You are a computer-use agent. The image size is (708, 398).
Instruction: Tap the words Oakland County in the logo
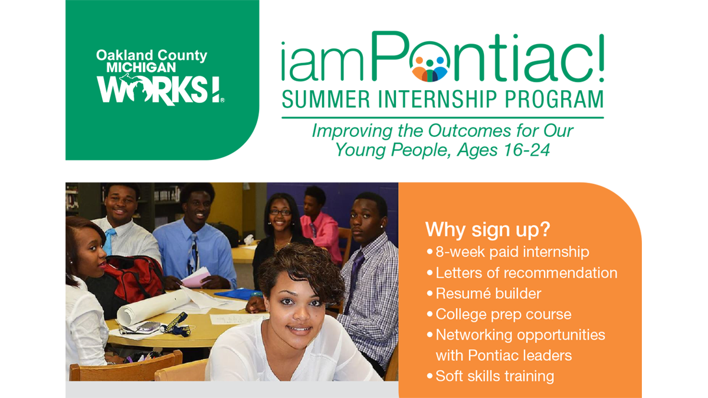(152, 55)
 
